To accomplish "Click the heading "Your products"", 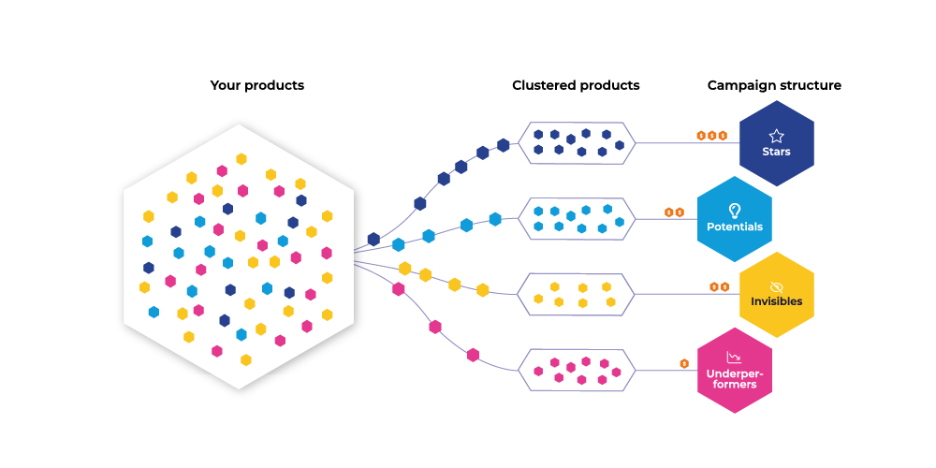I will pyautogui.click(x=256, y=85).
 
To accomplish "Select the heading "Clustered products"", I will pyautogui.click(x=576, y=85).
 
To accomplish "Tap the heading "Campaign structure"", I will pyautogui.click(x=774, y=85).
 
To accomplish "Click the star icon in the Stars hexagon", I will pyautogui.click(x=776, y=136).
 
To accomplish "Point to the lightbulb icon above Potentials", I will pyautogui.click(x=735, y=211).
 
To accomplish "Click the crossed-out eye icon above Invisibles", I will pyautogui.click(x=776, y=286).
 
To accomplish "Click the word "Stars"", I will pyautogui.click(x=776, y=152).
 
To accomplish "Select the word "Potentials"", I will pyautogui.click(x=735, y=227).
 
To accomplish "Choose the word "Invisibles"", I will pyautogui.click(x=776, y=301).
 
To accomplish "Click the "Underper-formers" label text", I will pyautogui.click(x=735, y=379).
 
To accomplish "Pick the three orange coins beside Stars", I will pyautogui.click(x=711, y=136).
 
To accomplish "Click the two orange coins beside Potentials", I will pyautogui.click(x=674, y=212).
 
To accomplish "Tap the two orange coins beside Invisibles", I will pyautogui.click(x=719, y=286).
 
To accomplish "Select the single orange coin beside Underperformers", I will pyautogui.click(x=684, y=363).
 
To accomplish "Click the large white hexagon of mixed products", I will pyautogui.click(x=240, y=256).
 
